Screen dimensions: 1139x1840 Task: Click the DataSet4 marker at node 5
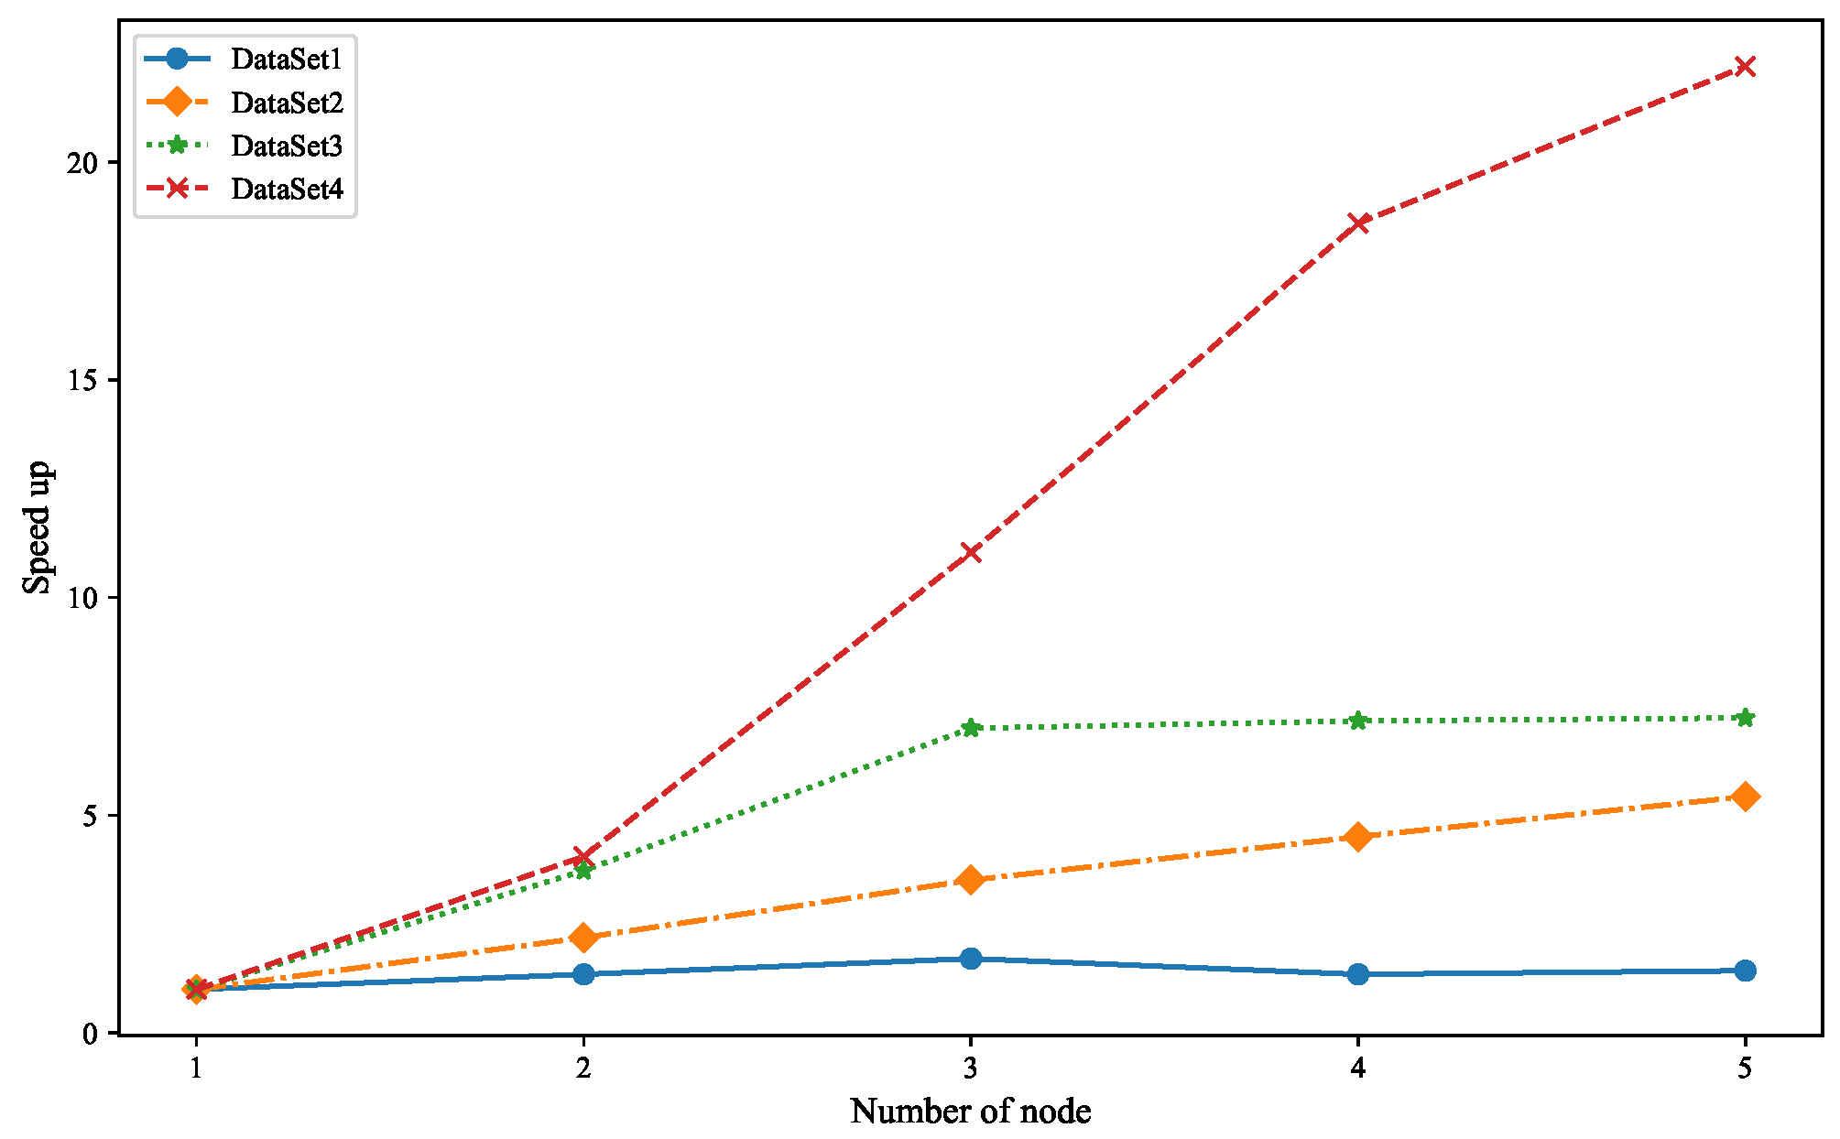[1745, 66]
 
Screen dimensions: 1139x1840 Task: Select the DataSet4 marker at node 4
[1357, 222]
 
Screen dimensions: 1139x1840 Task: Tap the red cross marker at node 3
[971, 552]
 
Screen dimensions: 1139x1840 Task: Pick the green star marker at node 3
[971, 728]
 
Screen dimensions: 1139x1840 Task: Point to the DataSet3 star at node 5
[1745, 718]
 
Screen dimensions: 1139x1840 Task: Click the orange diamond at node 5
[1745, 797]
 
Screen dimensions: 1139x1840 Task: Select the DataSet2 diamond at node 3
[971, 880]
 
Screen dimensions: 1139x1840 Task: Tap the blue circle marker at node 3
[971, 959]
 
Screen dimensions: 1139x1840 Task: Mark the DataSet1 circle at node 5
[1745, 971]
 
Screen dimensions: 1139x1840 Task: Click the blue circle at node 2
[583, 974]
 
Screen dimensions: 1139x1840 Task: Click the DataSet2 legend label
[287, 103]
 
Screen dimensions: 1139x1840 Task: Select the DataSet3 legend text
[287, 146]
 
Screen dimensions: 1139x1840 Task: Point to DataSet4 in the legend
[287, 189]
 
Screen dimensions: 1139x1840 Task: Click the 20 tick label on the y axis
[83, 163]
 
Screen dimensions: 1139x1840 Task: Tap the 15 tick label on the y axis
[83, 381]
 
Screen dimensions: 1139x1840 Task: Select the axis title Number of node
[970, 1112]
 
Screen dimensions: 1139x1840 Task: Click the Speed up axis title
[38, 527]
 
